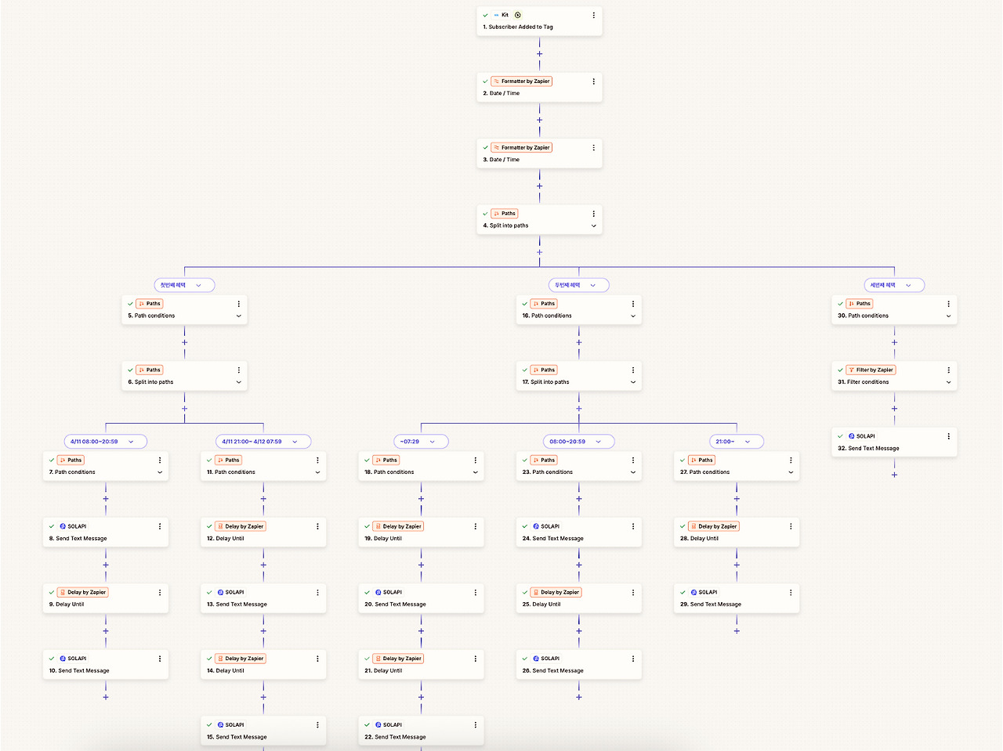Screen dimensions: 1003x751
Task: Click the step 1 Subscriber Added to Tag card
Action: (x=538, y=21)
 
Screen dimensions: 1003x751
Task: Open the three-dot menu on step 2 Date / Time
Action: (x=593, y=81)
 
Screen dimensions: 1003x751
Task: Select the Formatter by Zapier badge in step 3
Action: (x=522, y=147)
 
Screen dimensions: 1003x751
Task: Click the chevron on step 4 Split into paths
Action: (x=593, y=226)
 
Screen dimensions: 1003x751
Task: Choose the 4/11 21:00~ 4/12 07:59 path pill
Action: (x=252, y=442)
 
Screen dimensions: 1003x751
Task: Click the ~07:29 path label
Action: (x=410, y=442)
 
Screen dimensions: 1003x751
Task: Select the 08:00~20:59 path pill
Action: (x=567, y=442)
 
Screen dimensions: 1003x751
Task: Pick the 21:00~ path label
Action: (x=725, y=442)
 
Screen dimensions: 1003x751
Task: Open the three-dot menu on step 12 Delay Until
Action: (x=317, y=526)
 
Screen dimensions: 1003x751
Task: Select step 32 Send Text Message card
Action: (x=893, y=442)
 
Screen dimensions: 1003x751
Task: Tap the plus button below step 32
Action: (x=894, y=475)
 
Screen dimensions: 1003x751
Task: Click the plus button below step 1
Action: (x=539, y=54)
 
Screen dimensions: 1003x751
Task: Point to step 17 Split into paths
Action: (x=578, y=376)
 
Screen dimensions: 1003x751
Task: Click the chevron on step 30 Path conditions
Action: (x=948, y=316)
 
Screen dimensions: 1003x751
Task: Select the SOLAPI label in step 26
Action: (x=550, y=659)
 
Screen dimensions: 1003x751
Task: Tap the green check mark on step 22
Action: (x=367, y=725)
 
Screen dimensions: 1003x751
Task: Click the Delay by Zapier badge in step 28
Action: (x=714, y=526)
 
